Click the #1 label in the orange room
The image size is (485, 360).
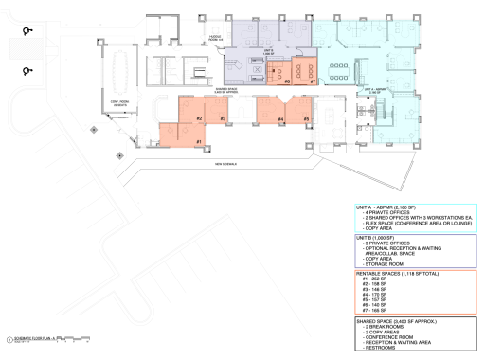199,142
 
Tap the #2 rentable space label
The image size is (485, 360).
200,118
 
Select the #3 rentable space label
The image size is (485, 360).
222,118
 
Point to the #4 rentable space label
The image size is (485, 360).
281,118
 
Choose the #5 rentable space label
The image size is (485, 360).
307,118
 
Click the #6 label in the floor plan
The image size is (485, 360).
286,81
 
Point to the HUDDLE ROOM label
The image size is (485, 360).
215,39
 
